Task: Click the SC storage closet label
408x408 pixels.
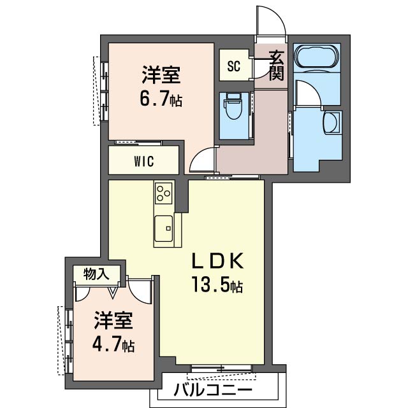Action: coord(234,66)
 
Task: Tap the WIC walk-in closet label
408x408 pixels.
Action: coord(144,161)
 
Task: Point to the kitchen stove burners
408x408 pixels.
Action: coord(164,192)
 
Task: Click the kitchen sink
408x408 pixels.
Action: coord(163,227)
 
